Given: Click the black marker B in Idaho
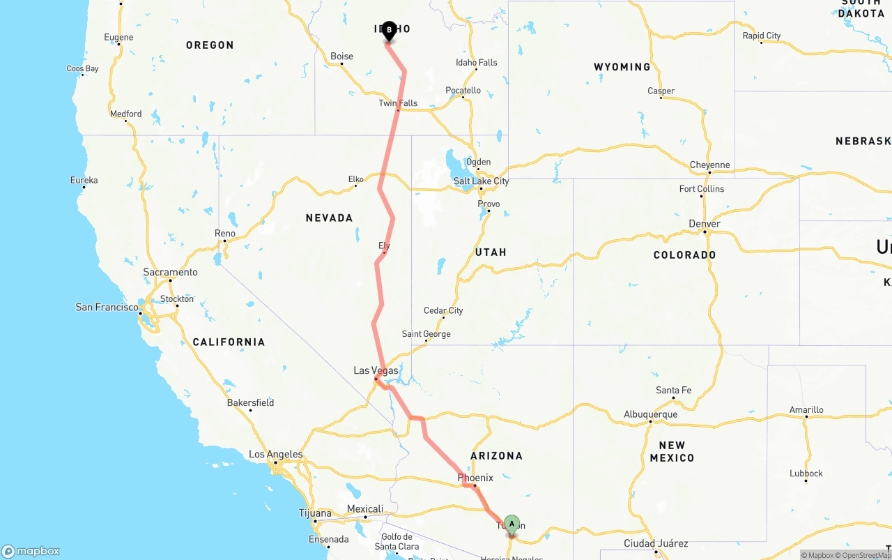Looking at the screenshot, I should [x=389, y=30].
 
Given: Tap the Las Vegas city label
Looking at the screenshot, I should [x=376, y=370].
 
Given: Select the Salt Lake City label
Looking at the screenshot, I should [x=481, y=181].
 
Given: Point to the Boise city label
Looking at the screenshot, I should [x=341, y=56].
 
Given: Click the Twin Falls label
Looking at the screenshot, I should [x=398, y=103].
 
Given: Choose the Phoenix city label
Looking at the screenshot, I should [x=475, y=478].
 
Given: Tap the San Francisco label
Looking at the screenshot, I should [x=107, y=307].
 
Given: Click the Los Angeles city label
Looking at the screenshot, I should [x=276, y=455].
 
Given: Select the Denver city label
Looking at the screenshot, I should [x=705, y=224].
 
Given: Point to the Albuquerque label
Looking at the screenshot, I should [x=650, y=414].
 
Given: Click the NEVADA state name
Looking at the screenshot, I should [x=329, y=218].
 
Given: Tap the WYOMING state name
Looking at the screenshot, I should [x=622, y=67].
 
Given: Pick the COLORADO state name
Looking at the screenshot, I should [x=684, y=255].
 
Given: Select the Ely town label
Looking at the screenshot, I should [x=384, y=245].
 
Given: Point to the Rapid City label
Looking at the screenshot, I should [x=761, y=36].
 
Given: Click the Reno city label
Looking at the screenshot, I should [x=224, y=234].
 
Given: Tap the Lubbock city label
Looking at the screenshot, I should [x=806, y=474].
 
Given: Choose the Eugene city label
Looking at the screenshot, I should [x=118, y=38].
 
